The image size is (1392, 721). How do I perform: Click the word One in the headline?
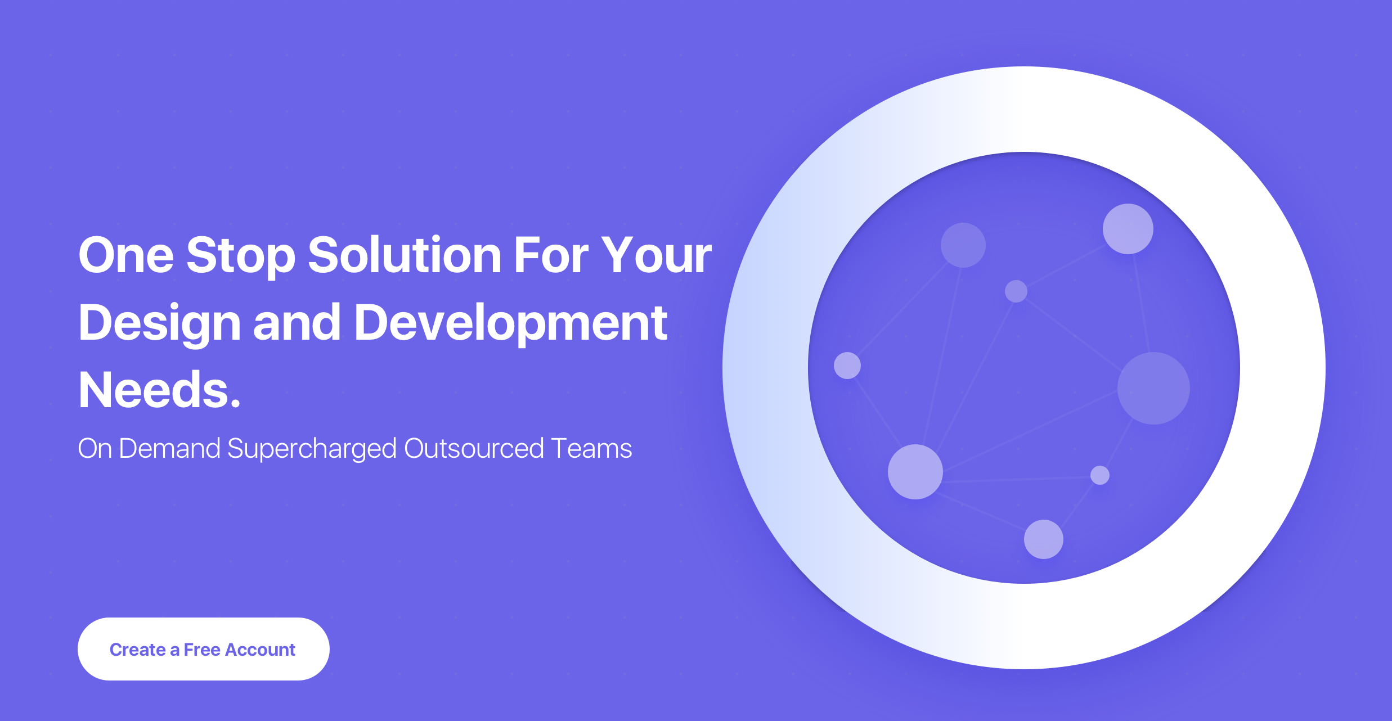(x=126, y=255)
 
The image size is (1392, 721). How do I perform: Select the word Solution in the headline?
(x=405, y=255)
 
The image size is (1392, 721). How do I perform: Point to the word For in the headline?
(x=551, y=255)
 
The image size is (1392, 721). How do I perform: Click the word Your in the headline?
(x=657, y=255)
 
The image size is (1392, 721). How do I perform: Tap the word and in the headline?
(x=297, y=323)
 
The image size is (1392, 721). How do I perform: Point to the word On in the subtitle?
(x=95, y=448)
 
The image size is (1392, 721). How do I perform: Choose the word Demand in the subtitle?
(x=169, y=448)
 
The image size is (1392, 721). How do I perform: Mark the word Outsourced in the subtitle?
(x=474, y=448)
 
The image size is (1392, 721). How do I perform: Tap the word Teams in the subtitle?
(x=592, y=448)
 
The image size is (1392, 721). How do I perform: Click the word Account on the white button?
(x=260, y=650)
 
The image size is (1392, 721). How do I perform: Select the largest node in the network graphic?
(x=1153, y=388)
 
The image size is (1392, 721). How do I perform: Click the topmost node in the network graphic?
(x=1128, y=229)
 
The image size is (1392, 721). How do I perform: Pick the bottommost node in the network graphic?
(x=1044, y=539)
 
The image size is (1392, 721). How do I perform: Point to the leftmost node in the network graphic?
(x=847, y=366)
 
